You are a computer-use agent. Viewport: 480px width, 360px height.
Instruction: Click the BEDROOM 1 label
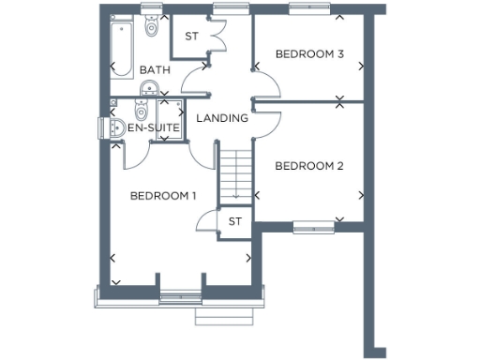click(x=163, y=196)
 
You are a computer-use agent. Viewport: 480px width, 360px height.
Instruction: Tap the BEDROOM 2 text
click(x=308, y=166)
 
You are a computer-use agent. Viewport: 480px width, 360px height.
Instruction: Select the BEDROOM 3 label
click(x=308, y=54)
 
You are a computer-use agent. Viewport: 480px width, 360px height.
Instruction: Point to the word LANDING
click(x=223, y=118)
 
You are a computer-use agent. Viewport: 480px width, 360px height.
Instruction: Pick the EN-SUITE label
click(x=153, y=127)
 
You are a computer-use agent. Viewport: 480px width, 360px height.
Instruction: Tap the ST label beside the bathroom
click(x=191, y=37)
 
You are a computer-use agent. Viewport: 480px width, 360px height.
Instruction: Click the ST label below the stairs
click(x=234, y=221)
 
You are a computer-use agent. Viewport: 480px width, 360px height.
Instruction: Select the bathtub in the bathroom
click(x=120, y=45)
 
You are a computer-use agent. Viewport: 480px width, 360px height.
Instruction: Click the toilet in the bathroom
click(x=152, y=26)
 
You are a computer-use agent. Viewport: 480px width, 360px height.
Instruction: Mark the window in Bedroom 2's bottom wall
click(x=312, y=226)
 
